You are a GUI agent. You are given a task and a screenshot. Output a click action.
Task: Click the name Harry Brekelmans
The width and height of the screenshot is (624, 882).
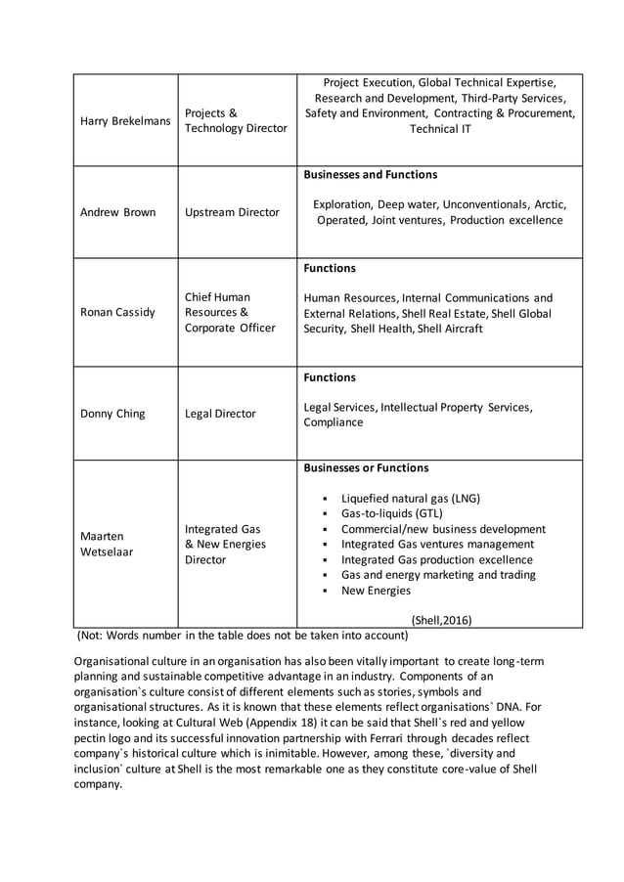(x=125, y=120)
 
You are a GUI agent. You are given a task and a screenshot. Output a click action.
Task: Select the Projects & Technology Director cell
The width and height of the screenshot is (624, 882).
(x=236, y=120)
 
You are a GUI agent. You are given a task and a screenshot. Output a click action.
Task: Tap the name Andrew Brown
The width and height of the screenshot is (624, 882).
(x=117, y=212)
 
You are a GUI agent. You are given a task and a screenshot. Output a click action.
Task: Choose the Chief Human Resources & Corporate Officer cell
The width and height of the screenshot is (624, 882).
(x=230, y=312)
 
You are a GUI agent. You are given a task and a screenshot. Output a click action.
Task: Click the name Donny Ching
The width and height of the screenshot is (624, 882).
(x=112, y=414)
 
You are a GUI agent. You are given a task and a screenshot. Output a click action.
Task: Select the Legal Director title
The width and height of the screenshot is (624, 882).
(x=220, y=414)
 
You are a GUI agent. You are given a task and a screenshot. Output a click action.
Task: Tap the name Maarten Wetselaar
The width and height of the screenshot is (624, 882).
(x=103, y=544)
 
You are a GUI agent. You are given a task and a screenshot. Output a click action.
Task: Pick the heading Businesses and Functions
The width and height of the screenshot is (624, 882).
(x=371, y=175)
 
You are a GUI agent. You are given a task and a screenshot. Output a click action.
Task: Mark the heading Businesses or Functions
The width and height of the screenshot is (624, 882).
(x=366, y=468)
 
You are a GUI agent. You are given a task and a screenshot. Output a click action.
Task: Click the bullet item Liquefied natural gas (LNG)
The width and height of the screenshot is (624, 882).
(x=410, y=498)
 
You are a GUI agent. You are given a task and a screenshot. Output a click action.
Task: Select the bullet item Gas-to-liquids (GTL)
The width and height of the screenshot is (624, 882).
(x=391, y=513)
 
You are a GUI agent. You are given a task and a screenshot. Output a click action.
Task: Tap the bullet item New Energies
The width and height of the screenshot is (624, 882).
(x=376, y=591)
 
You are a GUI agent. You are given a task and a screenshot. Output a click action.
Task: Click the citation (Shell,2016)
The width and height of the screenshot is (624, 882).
(x=441, y=619)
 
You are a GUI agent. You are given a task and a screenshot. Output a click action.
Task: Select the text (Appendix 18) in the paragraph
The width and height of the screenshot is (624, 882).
(x=292, y=723)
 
